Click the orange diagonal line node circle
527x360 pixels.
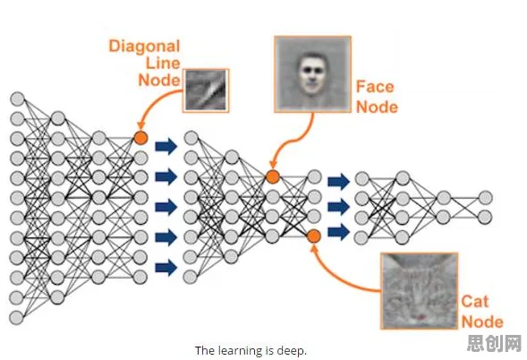coord(140,138)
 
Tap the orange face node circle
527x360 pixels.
coord(273,177)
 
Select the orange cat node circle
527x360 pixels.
coord(314,236)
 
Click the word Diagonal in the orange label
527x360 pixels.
coord(145,47)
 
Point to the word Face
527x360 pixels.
coord(375,87)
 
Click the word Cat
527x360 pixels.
coord(474,302)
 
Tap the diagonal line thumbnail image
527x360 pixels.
coord(206,90)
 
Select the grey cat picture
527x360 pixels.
coord(420,291)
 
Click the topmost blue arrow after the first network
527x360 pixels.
coord(166,146)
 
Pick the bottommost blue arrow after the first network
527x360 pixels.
coord(166,268)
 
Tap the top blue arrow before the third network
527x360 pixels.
coord(339,182)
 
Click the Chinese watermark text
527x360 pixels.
coord(494,343)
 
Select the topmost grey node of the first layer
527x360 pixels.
coord(18,99)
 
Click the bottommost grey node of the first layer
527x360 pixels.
coord(16,318)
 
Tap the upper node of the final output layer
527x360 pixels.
coord(485,198)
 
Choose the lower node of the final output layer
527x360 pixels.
coord(485,218)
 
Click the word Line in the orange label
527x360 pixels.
coord(163,64)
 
